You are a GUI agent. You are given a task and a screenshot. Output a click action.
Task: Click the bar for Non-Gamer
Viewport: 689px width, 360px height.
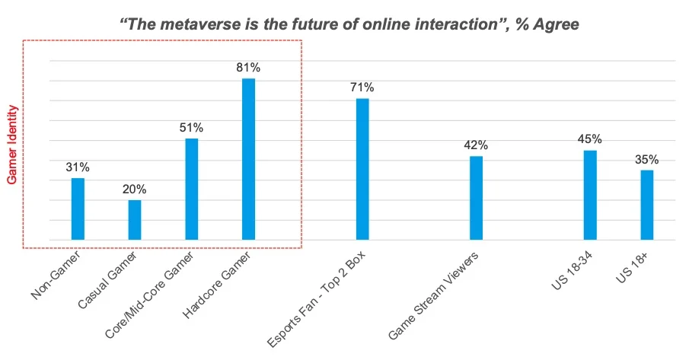point(78,209)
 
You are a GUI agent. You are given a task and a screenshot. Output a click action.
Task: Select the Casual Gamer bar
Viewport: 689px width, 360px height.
point(135,220)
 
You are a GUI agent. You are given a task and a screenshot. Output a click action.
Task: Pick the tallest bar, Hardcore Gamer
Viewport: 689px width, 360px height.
point(248,159)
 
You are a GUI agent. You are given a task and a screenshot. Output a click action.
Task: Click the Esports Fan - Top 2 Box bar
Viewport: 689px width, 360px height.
point(362,169)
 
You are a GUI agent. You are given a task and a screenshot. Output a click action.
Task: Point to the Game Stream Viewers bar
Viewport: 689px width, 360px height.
point(476,198)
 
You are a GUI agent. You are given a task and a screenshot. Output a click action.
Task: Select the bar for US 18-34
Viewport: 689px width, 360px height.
point(590,195)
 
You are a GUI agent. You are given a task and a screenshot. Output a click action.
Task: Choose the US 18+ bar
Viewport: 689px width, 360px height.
point(647,205)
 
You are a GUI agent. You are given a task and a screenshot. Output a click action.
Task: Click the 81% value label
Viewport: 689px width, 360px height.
point(248,67)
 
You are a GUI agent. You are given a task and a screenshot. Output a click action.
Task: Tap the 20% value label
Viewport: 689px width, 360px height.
point(135,189)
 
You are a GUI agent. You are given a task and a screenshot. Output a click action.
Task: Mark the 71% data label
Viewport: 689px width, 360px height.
point(362,88)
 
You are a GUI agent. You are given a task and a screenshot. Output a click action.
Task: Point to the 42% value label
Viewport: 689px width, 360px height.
point(476,145)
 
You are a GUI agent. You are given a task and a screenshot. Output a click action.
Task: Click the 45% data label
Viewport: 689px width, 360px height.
point(590,139)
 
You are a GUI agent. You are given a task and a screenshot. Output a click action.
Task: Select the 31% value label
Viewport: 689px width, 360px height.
point(78,167)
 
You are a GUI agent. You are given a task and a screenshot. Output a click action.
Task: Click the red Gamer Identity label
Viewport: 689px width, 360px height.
point(12,145)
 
